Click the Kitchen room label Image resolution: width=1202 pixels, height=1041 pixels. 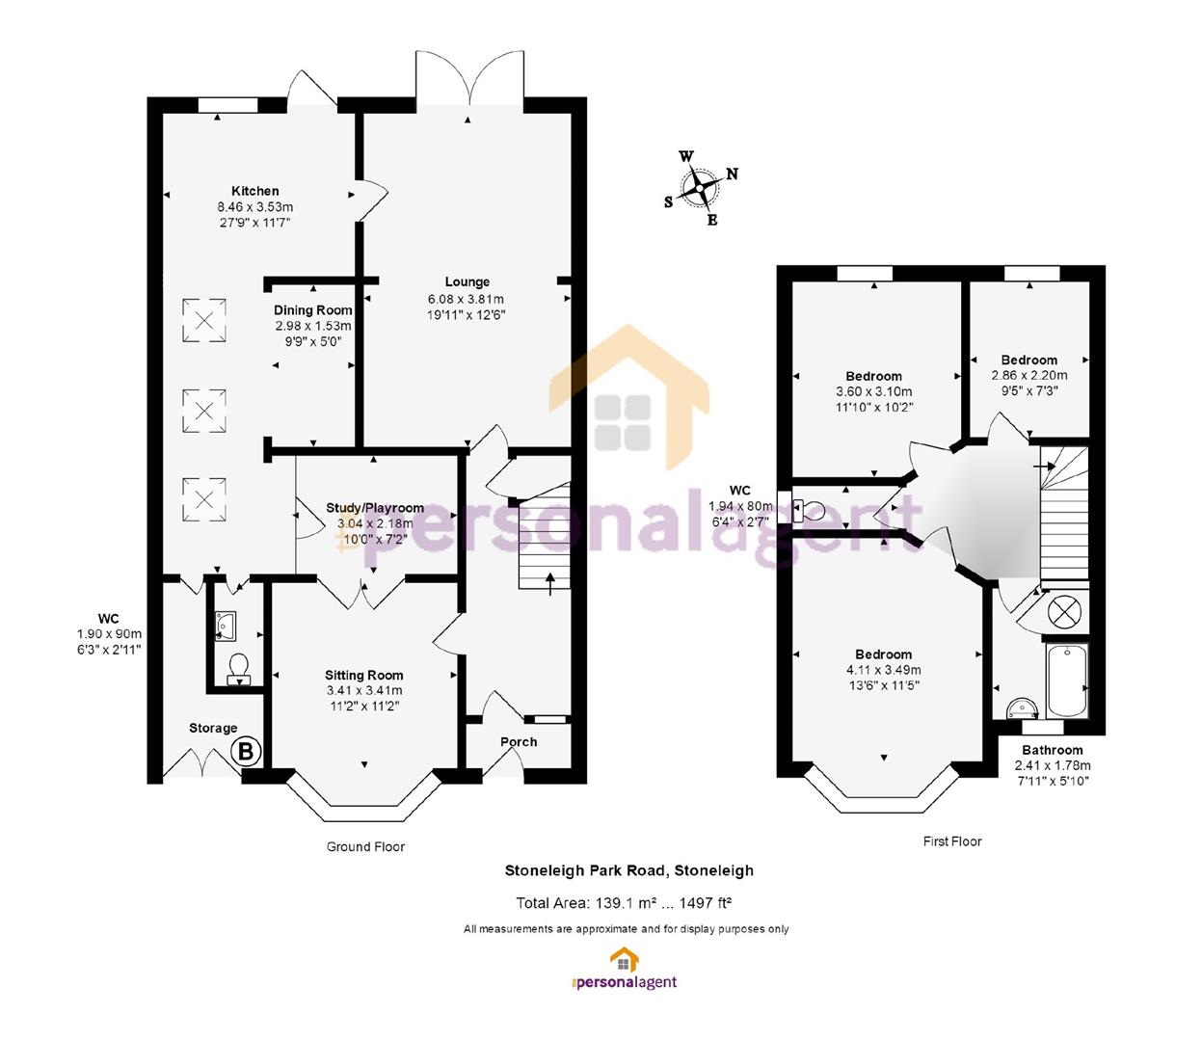[254, 191]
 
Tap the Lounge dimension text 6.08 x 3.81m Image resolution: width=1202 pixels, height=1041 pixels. [466, 299]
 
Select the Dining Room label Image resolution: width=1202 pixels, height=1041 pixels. [313, 310]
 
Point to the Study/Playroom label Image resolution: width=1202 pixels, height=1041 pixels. [375, 508]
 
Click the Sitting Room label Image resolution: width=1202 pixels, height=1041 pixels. [364, 675]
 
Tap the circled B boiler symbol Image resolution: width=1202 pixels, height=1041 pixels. [246, 752]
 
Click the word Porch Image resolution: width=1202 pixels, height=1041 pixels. [519, 742]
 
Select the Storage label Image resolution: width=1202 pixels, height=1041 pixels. [213, 728]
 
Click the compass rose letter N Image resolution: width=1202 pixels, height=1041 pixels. [733, 173]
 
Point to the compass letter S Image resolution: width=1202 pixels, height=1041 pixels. [669, 201]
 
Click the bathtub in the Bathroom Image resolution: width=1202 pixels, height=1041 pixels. [1067, 680]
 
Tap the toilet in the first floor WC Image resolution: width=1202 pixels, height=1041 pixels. [809, 511]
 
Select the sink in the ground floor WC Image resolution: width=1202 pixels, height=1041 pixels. [225, 626]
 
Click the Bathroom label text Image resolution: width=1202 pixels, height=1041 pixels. [1053, 750]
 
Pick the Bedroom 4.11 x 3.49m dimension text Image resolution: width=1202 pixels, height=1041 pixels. [883, 670]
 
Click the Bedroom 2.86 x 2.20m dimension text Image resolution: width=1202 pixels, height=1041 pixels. [1029, 376]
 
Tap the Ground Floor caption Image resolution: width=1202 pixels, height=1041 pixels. [365, 846]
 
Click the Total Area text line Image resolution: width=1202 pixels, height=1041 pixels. [624, 903]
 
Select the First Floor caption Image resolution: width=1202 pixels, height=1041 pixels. [952, 841]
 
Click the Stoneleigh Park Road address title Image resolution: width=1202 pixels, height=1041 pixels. [629, 870]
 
